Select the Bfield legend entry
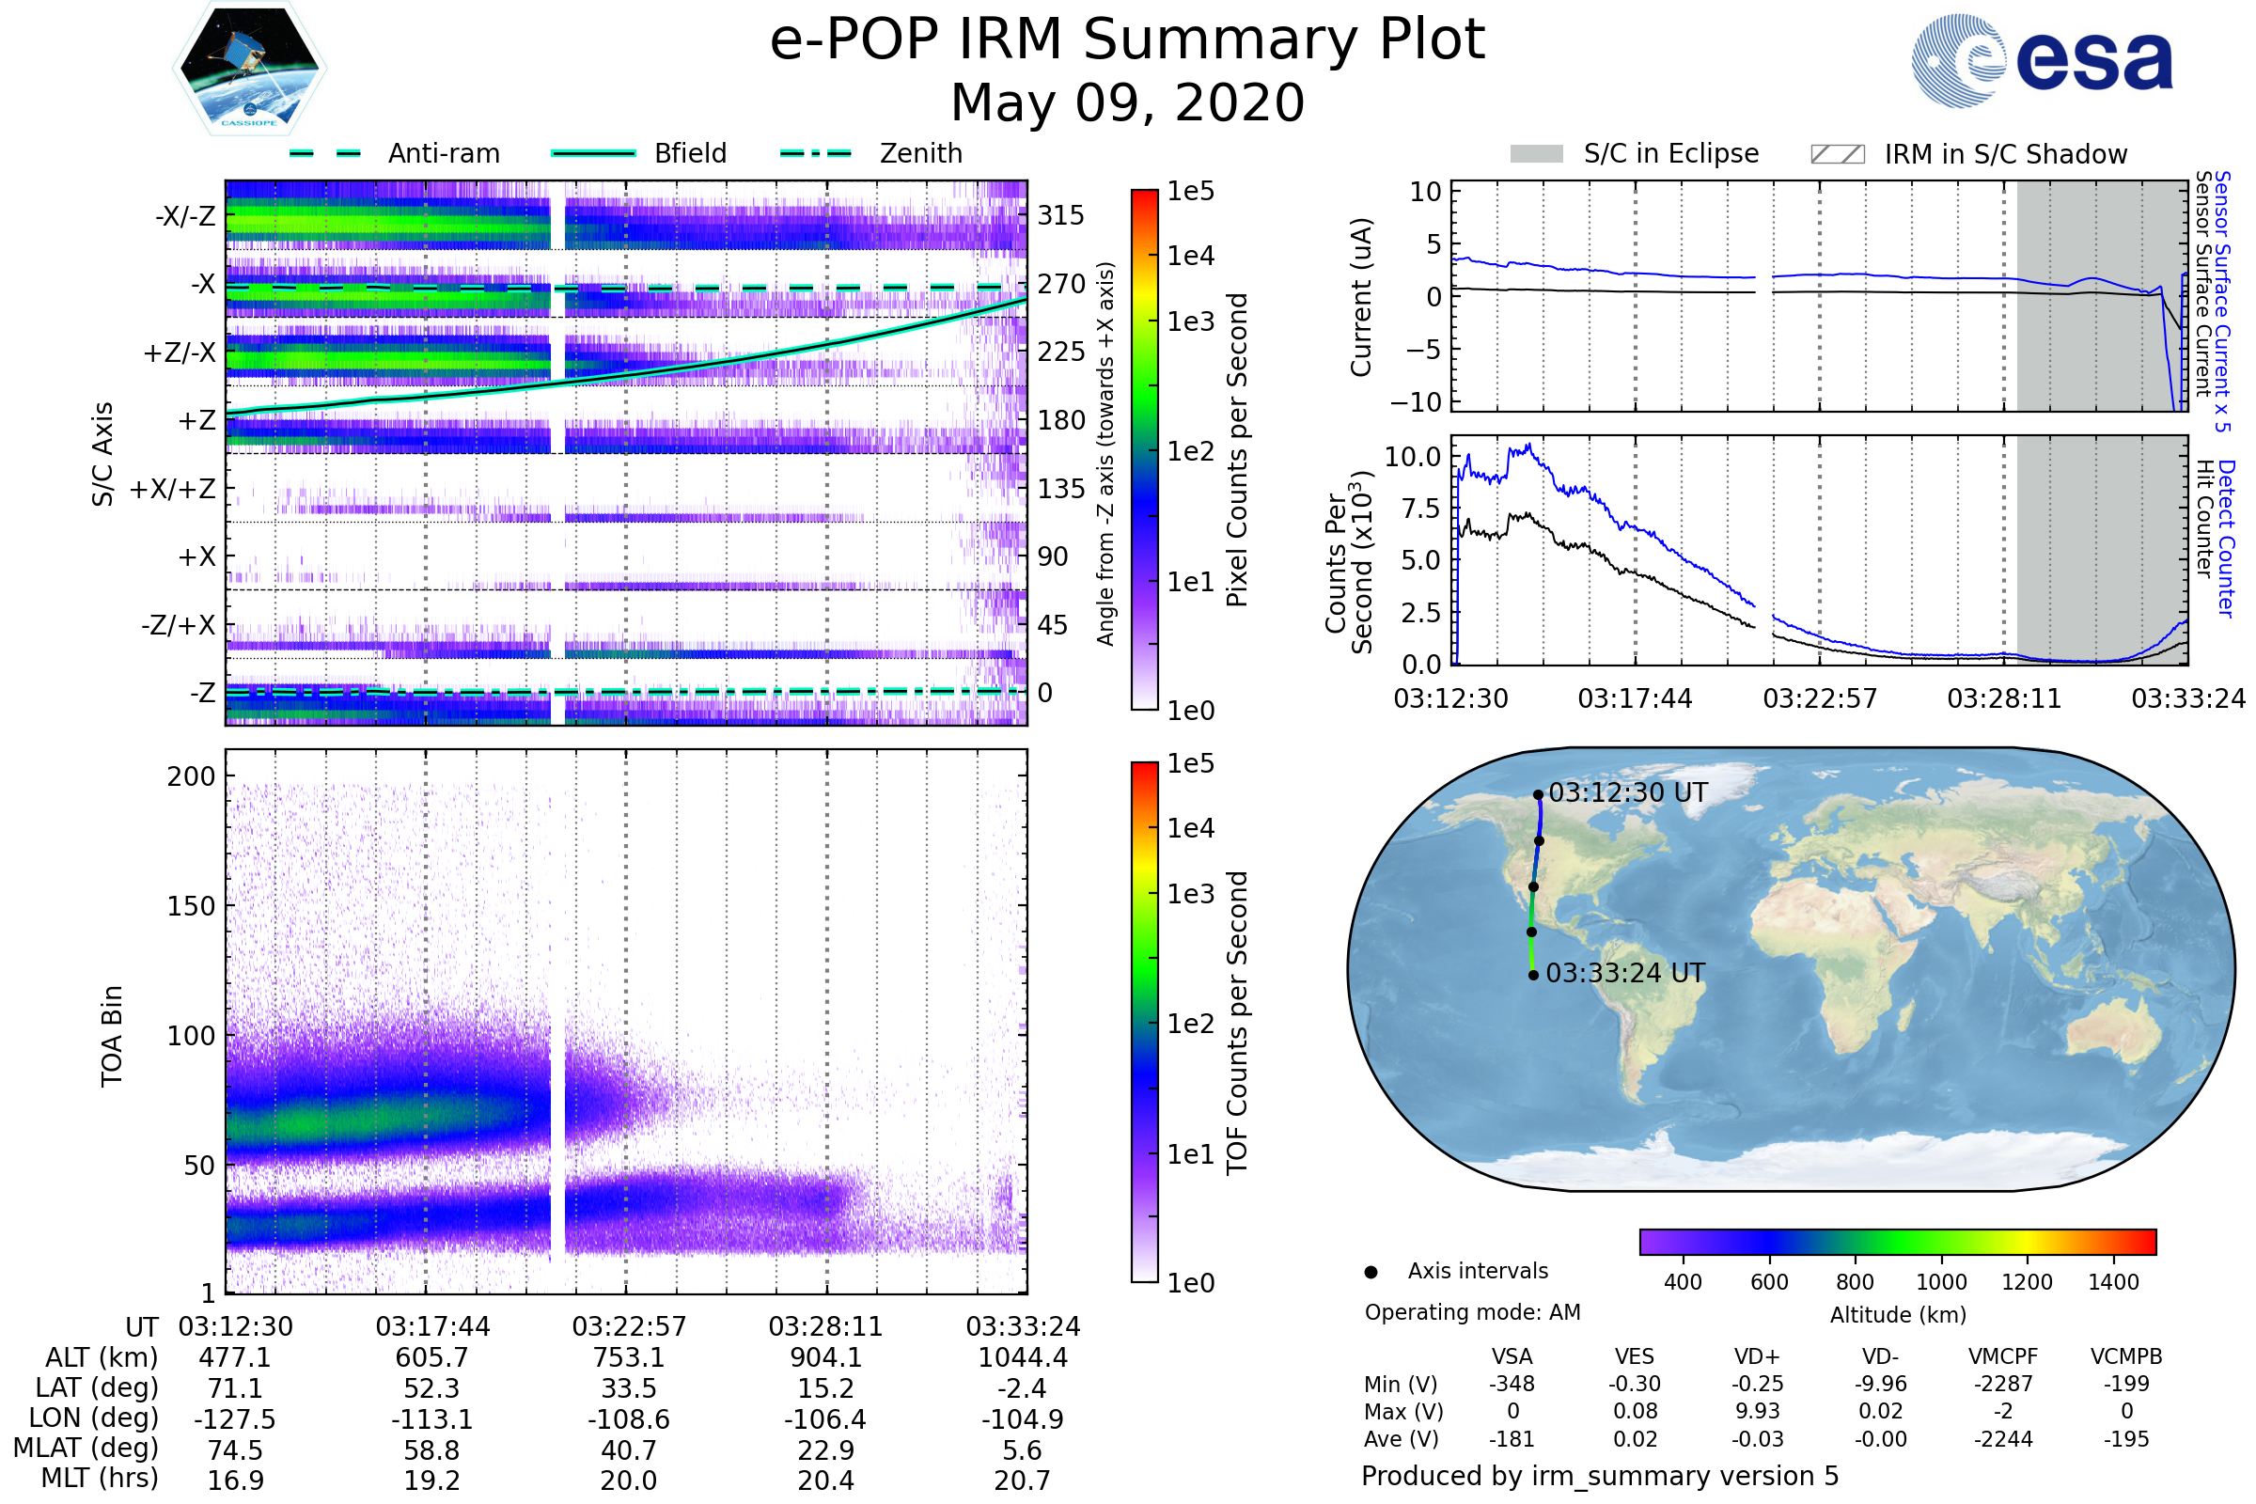coord(690,153)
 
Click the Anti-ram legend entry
coord(443,153)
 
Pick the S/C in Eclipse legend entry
coord(1670,153)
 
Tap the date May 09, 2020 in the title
coord(1127,102)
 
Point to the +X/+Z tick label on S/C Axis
coord(173,489)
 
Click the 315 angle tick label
coord(1061,215)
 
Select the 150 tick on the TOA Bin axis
coord(191,906)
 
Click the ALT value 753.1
coord(628,1358)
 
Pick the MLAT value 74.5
coord(235,1450)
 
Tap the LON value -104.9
coord(1022,1419)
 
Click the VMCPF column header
coord(2003,1357)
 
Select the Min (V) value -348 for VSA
coord(1512,1384)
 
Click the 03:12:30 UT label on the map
coord(1628,793)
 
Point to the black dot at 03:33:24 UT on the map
coord(1534,976)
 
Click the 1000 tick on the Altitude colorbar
coord(1941,1282)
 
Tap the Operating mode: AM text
coord(1472,1312)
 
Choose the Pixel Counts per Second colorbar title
coord(1237,449)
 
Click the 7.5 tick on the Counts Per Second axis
coord(1421,509)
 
